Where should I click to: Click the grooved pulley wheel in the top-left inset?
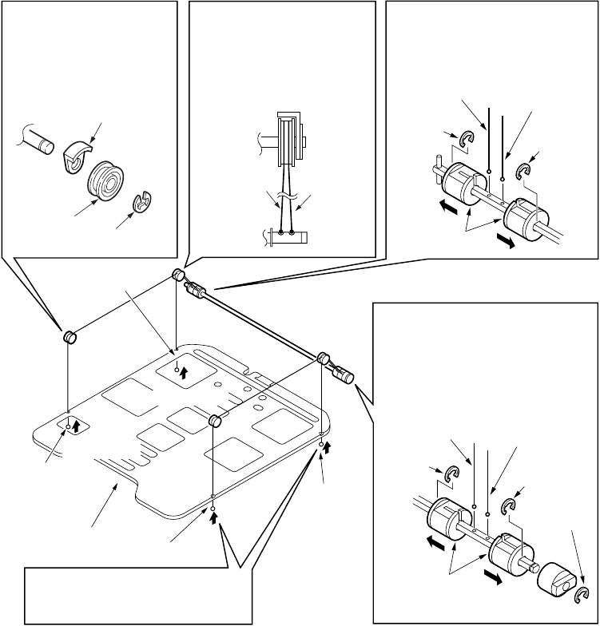pyautogui.click(x=103, y=183)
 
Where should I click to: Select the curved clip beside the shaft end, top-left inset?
pyautogui.click(x=77, y=154)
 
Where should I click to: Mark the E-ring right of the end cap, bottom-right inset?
pyautogui.click(x=583, y=592)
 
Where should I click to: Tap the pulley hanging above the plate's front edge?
pyautogui.click(x=215, y=421)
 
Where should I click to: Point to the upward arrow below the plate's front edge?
pyautogui.click(x=215, y=516)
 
